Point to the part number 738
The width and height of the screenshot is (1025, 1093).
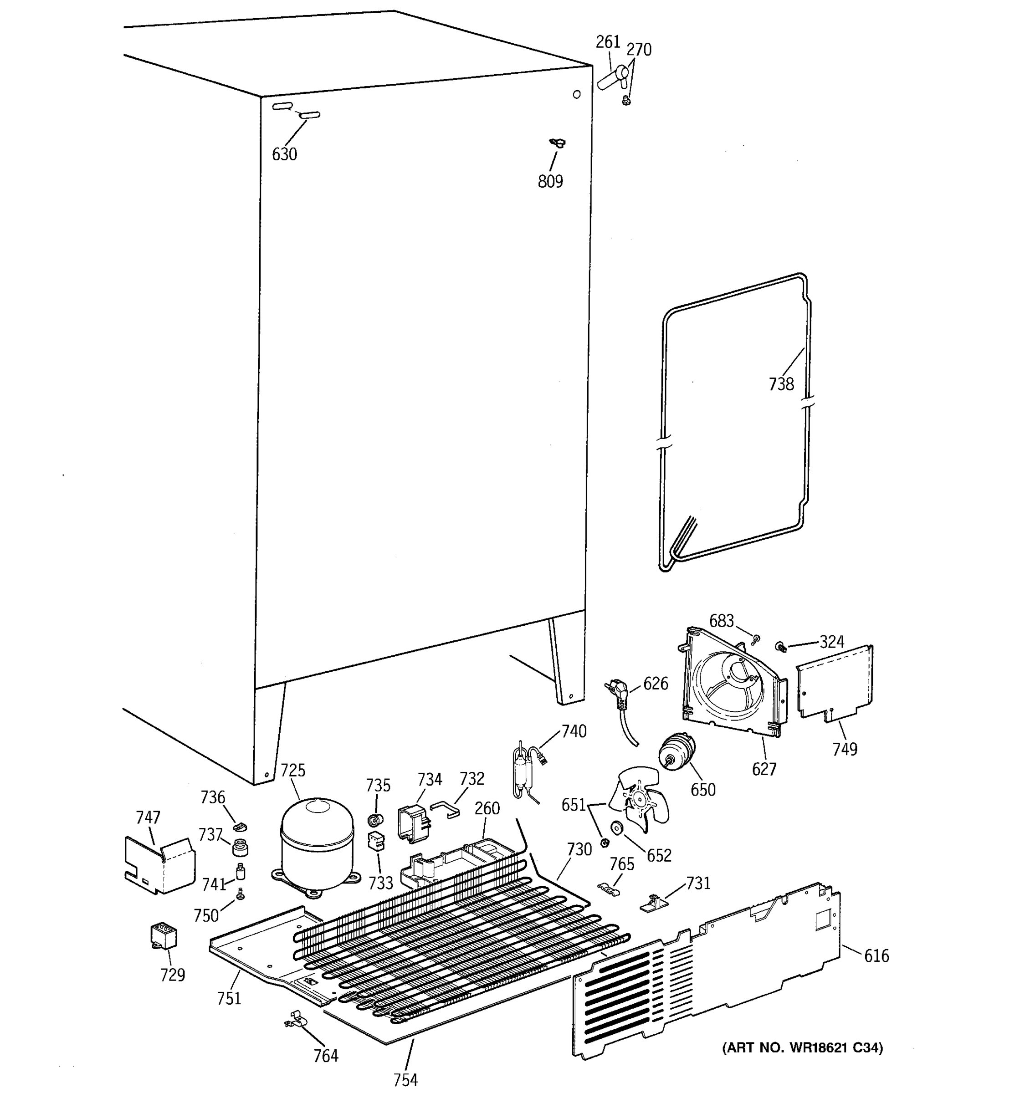tap(781, 384)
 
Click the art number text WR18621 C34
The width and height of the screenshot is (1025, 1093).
tap(802, 1048)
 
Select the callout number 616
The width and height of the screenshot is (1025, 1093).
tap(876, 956)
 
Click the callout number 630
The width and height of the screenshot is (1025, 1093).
tap(284, 154)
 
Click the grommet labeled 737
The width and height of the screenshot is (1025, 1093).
tap(240, 847)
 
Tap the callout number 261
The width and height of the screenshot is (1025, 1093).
tap(608, 42)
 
